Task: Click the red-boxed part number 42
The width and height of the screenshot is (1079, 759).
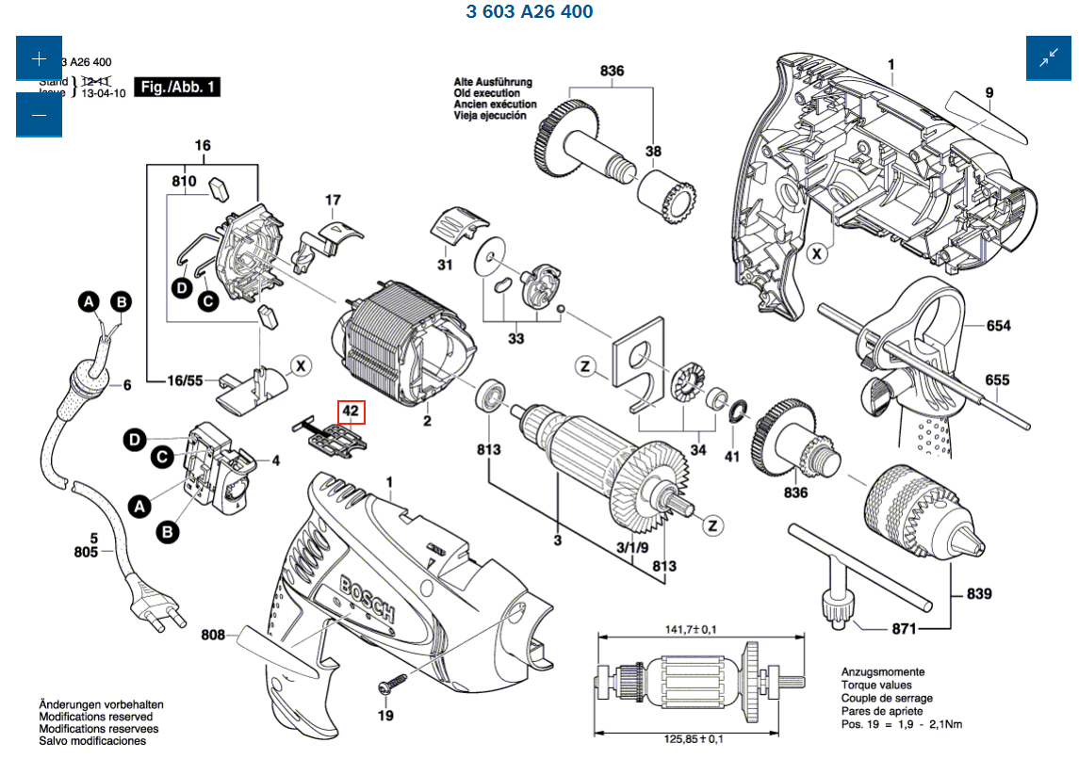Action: click(351, 412)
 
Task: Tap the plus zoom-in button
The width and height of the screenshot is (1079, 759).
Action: click(39, 58)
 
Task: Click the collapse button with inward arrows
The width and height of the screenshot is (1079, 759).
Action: click(1049, 58)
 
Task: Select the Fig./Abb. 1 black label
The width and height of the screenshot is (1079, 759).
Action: click(179, 88)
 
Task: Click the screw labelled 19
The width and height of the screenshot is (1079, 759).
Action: click(389, 681)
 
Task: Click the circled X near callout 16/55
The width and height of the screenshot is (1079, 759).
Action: click(300, 365)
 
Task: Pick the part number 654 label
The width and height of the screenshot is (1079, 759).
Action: click(998, 326)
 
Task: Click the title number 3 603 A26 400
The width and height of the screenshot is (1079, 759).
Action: click(530, 12)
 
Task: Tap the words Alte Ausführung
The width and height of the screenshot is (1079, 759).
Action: click(493, 83)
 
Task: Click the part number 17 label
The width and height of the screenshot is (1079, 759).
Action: click(333, 200)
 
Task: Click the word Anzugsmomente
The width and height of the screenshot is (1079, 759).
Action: click(883, 672)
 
